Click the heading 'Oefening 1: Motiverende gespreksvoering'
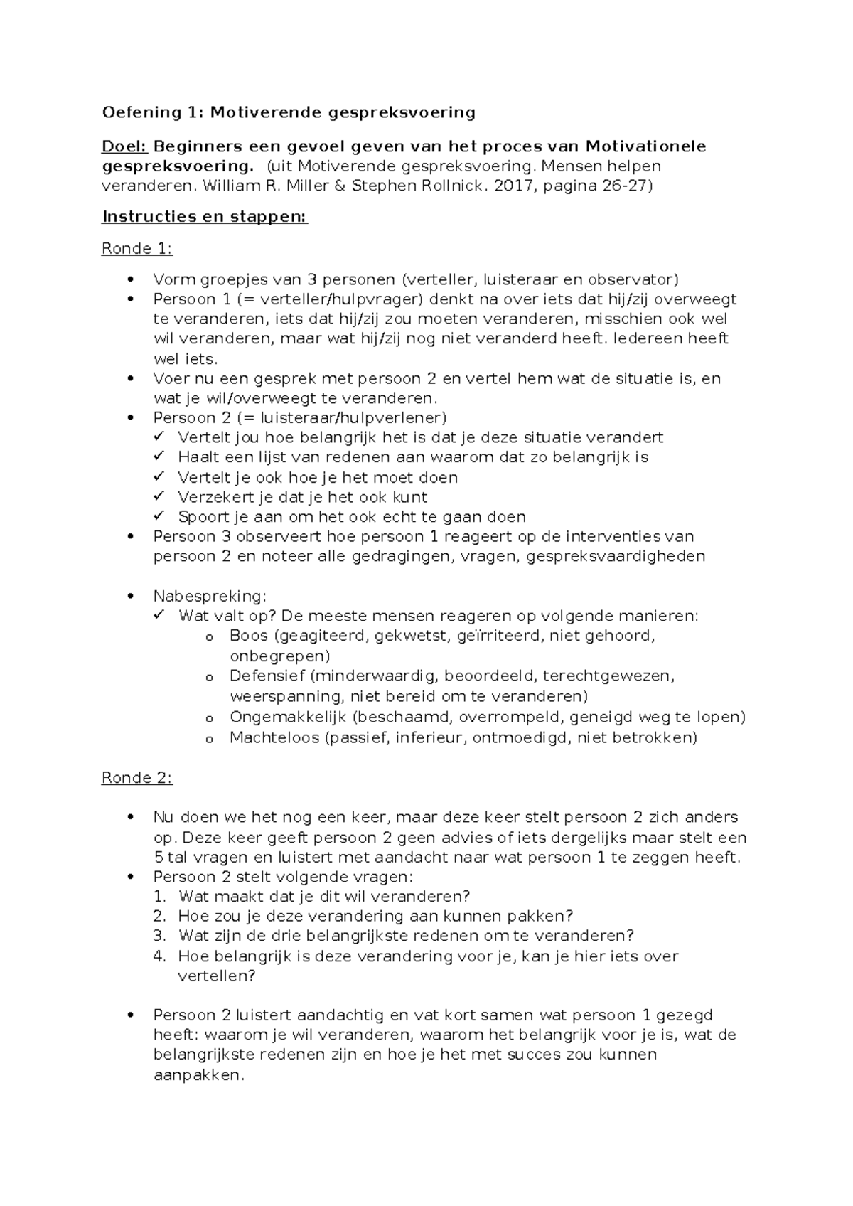pyautogui.click(x=289, y=112)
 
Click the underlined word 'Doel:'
pyautogui.click(x=124, y=147)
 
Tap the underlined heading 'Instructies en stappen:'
pyautogui.click(x=205, y=217)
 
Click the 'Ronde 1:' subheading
pyautogui.click(x=137, y=249)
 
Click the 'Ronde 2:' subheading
pyautogui.click(x=137, y=778)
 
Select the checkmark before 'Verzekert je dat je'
pyautogui.click(x=159, y=496)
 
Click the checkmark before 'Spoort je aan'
pyautogui.click(x=159, y=516)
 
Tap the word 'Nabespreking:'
pyautogui.click(x=210, y=596)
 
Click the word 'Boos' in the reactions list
pyautogui.click(x=249, y=636)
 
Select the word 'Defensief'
pyautogui.click(x=267, y=676)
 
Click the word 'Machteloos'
pyautogui.click(x=274, y=737)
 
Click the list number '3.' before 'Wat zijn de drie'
pyautogui.click(x=159, y=936)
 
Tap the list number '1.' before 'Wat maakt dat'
pyautogui.click(x=159, y=896)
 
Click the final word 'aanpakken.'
pyautogui.click(x=198, y=1075)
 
